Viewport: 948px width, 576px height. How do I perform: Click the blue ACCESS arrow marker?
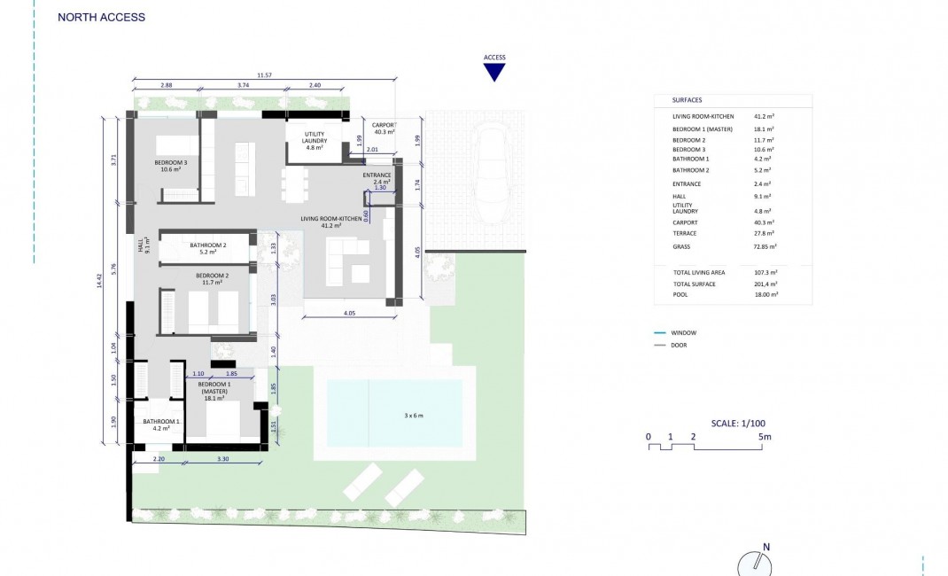click(494, 72)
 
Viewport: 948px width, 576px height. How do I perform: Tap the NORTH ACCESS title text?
click(101, 17)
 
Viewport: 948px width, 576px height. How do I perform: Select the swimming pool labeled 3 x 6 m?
click(394, 414)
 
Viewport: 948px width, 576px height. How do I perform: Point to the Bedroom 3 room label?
click(171, 166)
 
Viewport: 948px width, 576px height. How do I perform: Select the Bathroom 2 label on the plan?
click(208, 249)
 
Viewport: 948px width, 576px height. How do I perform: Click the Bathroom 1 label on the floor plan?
click(161, 424)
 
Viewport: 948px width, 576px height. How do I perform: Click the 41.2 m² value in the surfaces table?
click(764, 116)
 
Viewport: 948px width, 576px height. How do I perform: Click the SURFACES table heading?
click(687, 100)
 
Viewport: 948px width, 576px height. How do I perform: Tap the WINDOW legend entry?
click(681, 333)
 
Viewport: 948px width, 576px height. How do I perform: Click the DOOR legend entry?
click(679, 345)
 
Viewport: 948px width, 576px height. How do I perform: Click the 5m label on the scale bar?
click(764, 437)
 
